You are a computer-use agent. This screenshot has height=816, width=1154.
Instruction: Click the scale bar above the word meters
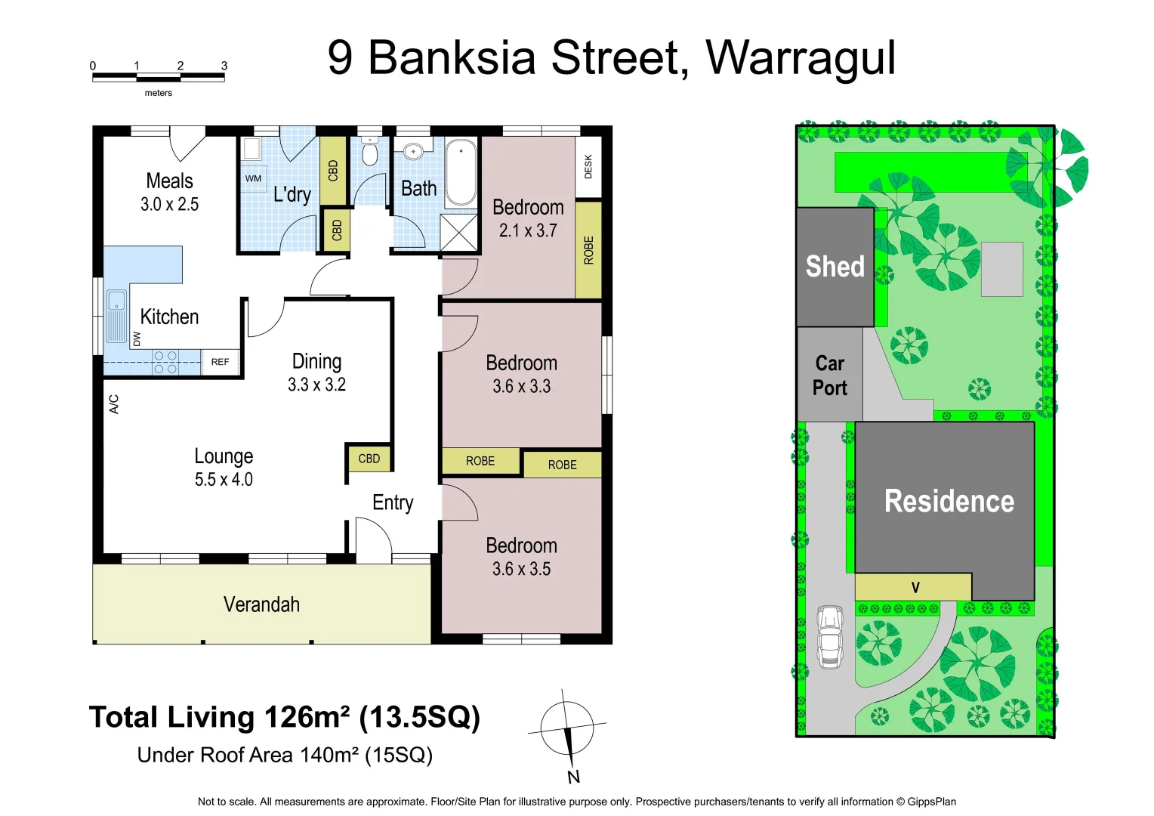158,76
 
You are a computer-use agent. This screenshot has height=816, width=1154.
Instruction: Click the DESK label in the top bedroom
588,167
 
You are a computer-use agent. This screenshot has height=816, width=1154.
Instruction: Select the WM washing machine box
253,178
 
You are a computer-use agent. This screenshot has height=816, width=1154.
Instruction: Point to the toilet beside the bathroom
369,153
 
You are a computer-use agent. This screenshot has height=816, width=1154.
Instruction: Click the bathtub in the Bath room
460,172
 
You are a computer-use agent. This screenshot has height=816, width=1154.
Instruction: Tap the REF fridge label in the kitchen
220,362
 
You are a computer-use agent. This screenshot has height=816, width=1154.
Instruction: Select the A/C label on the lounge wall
114,404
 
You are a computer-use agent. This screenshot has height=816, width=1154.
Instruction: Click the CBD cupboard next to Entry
369,459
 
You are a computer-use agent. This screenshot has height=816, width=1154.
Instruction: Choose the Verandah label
261,604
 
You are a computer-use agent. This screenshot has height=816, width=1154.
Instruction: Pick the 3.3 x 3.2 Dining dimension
316,385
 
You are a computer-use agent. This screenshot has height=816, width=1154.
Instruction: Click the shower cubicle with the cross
459,232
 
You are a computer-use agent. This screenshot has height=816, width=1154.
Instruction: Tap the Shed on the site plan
835,267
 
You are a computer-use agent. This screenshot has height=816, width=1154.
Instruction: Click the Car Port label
829,376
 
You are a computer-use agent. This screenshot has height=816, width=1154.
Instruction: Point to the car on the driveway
829,636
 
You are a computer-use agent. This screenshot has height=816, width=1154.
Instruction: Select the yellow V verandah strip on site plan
913,587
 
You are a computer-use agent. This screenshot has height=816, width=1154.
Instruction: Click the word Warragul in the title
800,57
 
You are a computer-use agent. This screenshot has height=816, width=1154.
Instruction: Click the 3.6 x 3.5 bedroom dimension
521,569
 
